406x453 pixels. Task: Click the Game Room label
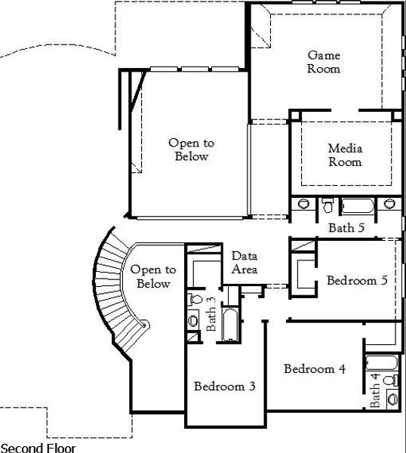coord(324,62)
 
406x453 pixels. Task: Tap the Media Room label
coord(345,155)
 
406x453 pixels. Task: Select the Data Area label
coord(245,262)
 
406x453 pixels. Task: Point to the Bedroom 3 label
coord(225,387)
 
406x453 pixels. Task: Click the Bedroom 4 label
coord(315,369)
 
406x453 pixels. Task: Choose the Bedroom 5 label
coord(357,280)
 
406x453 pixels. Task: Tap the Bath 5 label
coord(346,228)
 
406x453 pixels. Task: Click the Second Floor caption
coord(38,448)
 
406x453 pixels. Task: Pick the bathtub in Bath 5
coord(358,206)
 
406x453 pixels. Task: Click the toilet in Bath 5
coord(328,205)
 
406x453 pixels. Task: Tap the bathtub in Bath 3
coord(230,325)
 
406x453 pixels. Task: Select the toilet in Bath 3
coord(195,299)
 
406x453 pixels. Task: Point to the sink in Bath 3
coord(192,321)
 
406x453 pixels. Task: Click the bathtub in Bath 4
coord(382,363)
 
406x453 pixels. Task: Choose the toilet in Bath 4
coord(391,381)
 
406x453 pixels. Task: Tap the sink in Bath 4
coord(393,399)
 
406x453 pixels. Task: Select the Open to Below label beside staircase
coord(153,276)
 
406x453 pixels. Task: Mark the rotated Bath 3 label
coord(211,313)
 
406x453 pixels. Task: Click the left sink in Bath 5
coord(303,203)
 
